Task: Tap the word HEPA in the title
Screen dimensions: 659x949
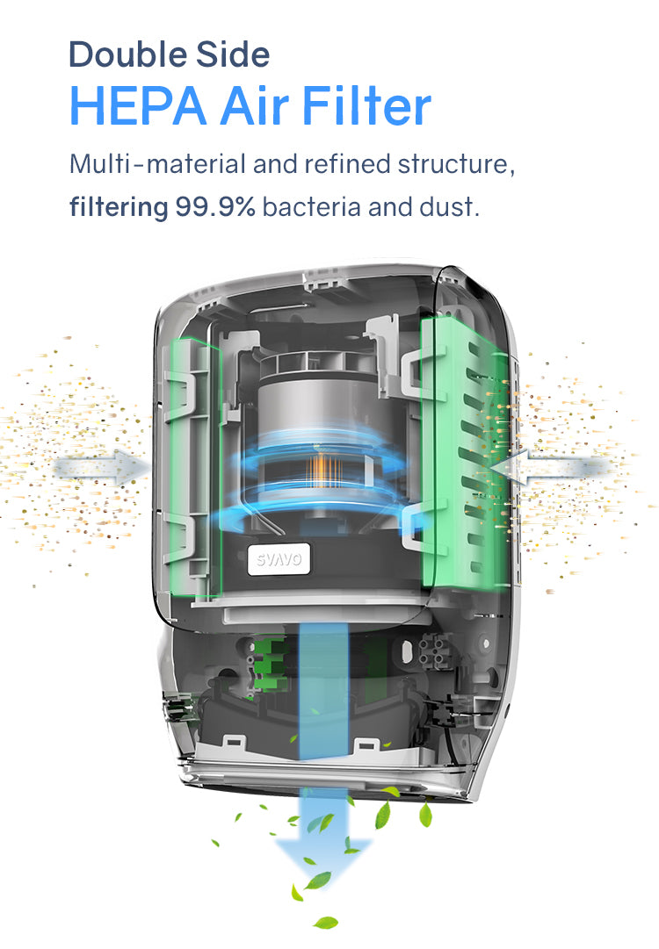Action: (138, 106)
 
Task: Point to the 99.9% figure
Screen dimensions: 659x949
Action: (215, 207)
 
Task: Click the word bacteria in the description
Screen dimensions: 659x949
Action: (311, 207)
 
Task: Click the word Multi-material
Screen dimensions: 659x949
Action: (157, 164)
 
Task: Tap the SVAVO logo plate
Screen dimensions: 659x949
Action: (279, 559)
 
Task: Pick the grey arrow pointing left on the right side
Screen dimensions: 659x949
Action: (551, 467)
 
